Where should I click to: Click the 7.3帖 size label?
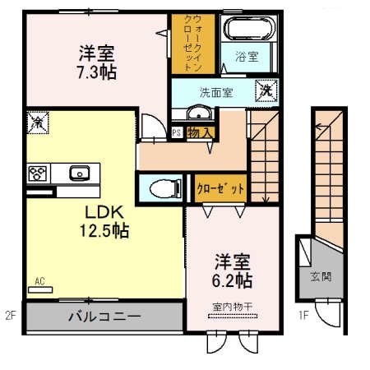tap(97, 72)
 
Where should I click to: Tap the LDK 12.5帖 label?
tap(104, 221)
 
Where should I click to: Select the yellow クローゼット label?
tap(221, 188)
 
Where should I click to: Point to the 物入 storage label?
tap(201, 132)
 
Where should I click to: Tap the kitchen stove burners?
tap(38, 173)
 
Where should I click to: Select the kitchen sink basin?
tap(81, 173)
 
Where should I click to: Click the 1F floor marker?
tap(303, 314)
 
